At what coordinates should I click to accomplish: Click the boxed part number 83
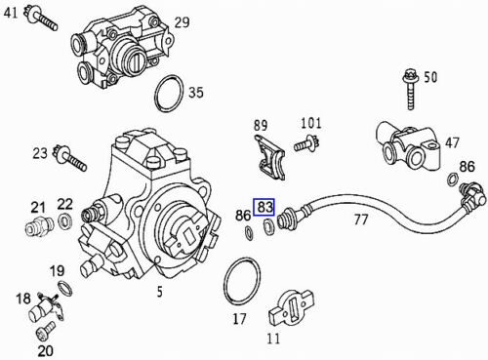pyautogui.click(x=264, y=207)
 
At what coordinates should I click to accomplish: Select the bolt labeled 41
pyautogui.click(x=41, y=18)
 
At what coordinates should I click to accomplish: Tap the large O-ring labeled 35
pyautogui.click(x=168, y=94)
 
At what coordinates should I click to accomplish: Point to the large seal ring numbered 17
pyautogui.click(x=242, y=282)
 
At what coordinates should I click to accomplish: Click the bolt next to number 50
pyautogui.click(x=410, y=90)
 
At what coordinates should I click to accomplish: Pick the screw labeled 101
pyautogui.click(x=307, y=143)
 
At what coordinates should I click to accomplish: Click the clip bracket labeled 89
pyautogui.click(x=269, y=158)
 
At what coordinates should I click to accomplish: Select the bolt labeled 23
pyautogui.click(x=70, y=158)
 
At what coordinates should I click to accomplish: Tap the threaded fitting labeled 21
pyautogui.click(x=39, y=225)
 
